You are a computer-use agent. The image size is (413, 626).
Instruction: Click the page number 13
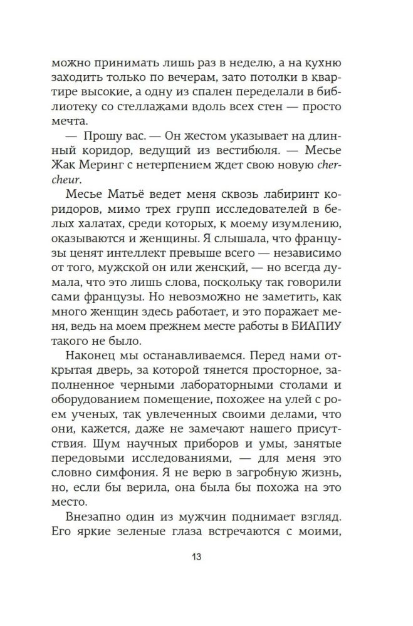click(x=206, y=557)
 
